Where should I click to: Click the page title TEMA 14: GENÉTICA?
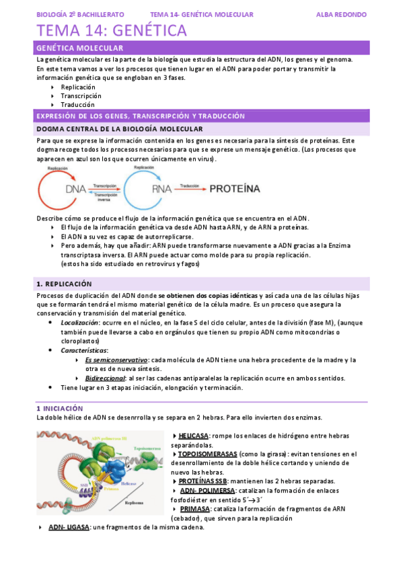pos(112,30)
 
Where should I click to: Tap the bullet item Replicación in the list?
pos(78,87)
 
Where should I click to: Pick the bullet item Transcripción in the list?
pos(81,95)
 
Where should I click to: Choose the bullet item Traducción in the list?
pos(77,104)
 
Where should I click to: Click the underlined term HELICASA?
pos(194,436)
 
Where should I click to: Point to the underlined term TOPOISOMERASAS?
pos(208,454)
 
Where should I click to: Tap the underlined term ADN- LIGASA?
pos(69,527)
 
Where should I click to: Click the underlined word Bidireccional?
pos(108,378)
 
